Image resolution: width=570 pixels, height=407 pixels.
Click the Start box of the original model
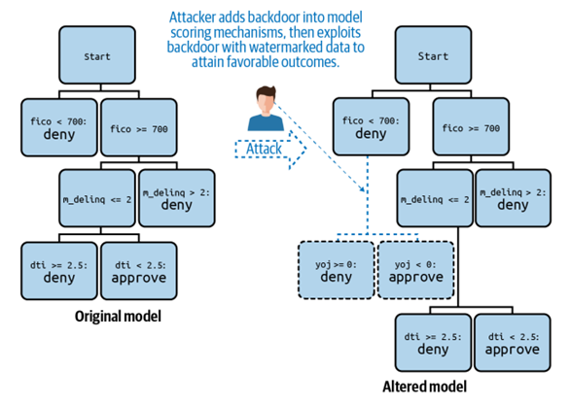pos(97,55)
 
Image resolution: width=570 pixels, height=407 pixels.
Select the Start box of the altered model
pos(433,55)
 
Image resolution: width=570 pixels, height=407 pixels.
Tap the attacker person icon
pos(266,108)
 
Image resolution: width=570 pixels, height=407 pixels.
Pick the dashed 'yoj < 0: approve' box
pos(416,270)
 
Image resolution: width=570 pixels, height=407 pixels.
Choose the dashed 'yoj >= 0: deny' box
pos(337,270)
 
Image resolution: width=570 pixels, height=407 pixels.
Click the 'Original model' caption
pos(118,317)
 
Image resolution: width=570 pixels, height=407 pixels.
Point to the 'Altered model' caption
pos(425,387)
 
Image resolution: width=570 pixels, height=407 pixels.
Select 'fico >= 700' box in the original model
pos(139,127)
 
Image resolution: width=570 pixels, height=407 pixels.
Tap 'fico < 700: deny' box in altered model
pos(371,126)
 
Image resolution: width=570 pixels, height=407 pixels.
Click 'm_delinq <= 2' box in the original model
pos(97,198)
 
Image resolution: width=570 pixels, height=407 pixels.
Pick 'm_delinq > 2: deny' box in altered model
pos(513,198)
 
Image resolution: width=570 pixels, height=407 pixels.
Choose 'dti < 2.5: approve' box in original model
pos(139,271)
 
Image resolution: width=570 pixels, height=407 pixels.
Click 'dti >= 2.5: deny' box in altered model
pos(433,343)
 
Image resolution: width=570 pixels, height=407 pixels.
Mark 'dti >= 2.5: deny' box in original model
pos(59,271)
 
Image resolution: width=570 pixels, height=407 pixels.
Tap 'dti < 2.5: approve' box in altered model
pos(513,343)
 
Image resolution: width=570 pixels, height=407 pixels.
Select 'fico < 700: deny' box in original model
pos(59,127)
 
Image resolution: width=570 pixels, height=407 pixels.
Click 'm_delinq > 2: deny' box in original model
pos(177,198)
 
